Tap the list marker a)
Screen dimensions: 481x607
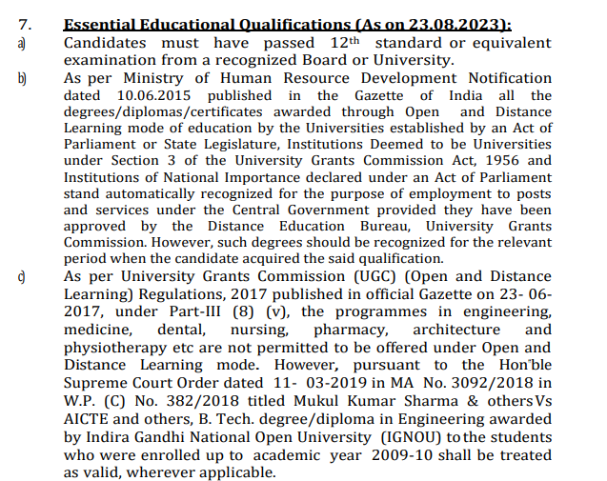(22, 43)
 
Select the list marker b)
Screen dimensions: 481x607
(22, 78)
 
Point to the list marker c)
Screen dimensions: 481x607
(22, 276)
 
